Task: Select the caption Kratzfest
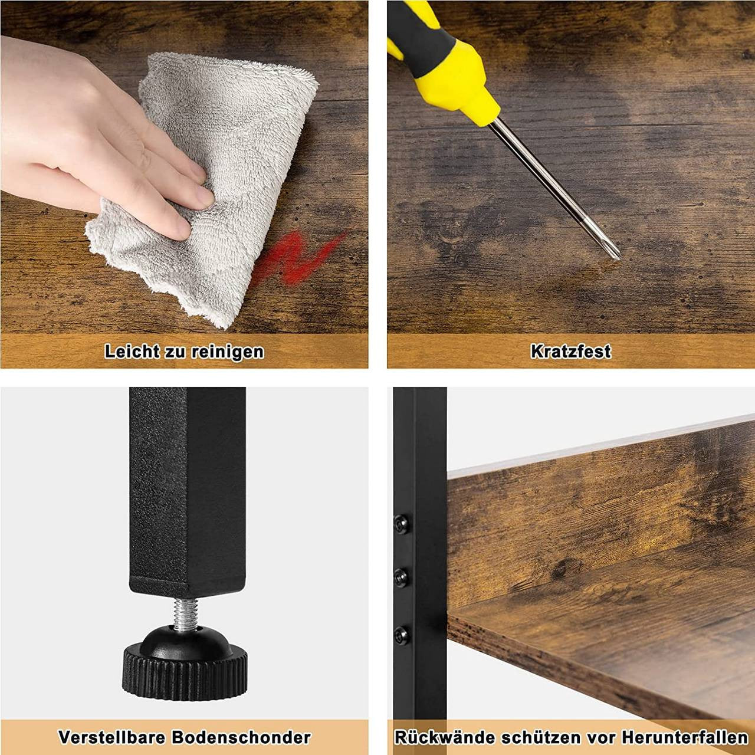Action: [x=570, y=351]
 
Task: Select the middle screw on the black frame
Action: [x=401, y=576]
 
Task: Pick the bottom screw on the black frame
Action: [x=401, y=632]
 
